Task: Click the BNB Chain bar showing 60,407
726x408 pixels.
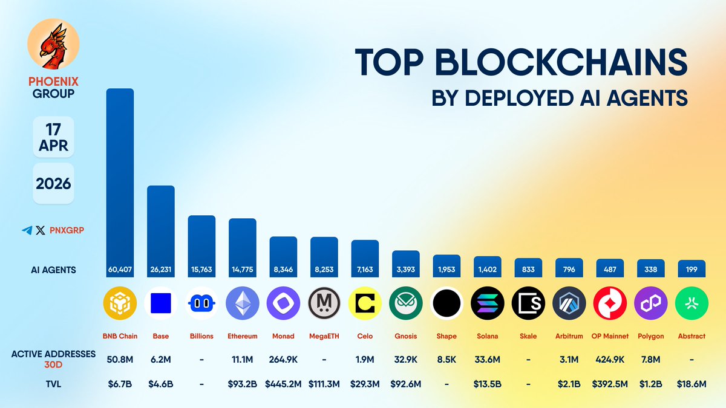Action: (120, 181)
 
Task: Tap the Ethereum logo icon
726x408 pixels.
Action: (242, 303)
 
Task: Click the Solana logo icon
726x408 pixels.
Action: (486, 303)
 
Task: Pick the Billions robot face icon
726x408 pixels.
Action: (201, 303)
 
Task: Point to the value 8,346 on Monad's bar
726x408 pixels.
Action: (283, 270)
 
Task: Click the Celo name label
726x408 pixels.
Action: (365, 336)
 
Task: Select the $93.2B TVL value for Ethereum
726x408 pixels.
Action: (242, 383)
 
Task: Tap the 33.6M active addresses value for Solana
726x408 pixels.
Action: (486, 360)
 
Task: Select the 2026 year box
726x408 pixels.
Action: (53, 183)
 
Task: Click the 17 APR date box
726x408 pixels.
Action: (53, 137)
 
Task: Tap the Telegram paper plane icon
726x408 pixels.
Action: (27, 230)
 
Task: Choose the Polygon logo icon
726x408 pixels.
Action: (650, 303)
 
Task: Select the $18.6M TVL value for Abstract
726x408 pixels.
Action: (692, 383)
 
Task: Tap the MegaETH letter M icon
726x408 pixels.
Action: (324, 303)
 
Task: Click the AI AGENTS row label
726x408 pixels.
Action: (54, 270)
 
